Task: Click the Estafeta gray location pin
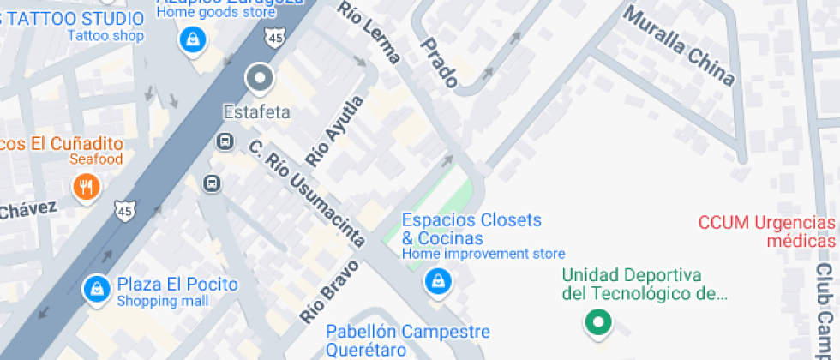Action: [258, 79]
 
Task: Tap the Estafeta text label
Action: [257, 112]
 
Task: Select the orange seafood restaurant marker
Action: [85, 186]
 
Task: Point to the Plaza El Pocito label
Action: [177, 285]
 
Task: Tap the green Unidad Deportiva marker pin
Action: [597, 323]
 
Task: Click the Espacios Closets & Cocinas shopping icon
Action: [438, 280]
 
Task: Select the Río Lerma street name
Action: [369, 33]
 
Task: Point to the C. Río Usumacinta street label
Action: [306, 189]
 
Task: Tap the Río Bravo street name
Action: [329, 291]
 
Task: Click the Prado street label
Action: [438, 63]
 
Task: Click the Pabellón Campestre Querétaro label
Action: [408, 340]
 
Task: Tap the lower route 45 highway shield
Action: [124, 208]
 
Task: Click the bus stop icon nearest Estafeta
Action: [225, 141]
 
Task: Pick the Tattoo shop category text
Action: [105, 36]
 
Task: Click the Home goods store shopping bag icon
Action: [190, 39]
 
